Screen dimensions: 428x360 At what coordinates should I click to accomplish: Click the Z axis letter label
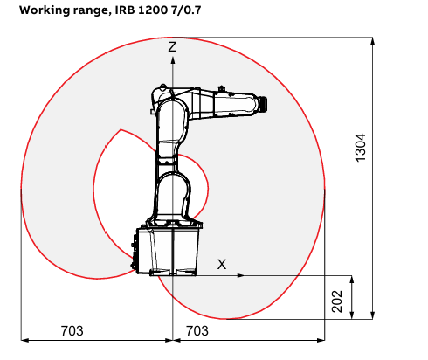click(172, 47)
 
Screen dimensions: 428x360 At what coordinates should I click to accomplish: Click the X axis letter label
click(222, 265)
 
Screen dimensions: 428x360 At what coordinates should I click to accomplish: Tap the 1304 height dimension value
click(361, 148)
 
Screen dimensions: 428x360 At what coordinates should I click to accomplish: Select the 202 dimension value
click(337, 301)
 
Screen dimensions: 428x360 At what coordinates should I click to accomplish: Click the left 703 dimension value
click(72, 331)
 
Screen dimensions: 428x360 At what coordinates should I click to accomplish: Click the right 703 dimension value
click(197, 331)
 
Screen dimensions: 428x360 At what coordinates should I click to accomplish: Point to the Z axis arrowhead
click(173, 60)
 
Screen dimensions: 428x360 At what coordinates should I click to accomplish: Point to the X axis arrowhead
click(241, 275)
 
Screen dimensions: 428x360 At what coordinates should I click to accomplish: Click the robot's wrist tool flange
click(264, 104)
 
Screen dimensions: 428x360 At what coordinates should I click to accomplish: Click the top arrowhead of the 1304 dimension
click(372, 41)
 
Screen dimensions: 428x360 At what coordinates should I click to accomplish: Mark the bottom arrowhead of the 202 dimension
click(352, 315)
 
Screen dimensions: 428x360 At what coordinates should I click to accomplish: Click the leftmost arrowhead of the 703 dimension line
click(24, 340)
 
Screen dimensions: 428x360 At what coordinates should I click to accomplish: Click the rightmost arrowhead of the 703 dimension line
click(321, 340)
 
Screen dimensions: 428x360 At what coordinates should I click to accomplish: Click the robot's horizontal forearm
click(225, 103)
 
